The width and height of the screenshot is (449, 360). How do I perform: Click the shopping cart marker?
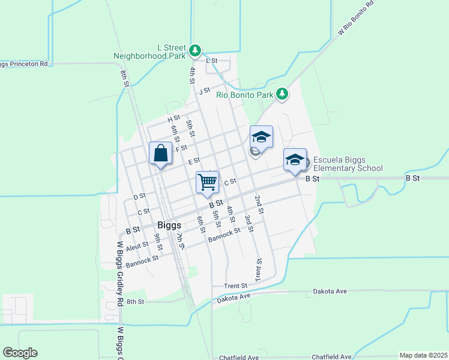click(x=207, y=181)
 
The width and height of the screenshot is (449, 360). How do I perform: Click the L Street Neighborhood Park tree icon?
click(x=195, y=51)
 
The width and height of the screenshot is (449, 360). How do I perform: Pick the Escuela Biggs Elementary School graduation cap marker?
click(x=295, y=160)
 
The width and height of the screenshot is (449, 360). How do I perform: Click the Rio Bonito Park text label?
click(x=245, y=94)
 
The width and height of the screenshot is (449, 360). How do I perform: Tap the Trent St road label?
click(x=236, y=286)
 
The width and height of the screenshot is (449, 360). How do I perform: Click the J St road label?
click(x=205, y=91)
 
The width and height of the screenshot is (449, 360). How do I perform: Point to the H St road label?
click(x=173, y=118)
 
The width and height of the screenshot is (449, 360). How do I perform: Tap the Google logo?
click(x=20, y=353)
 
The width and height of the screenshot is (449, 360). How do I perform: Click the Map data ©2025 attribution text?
click(x=423, y=355)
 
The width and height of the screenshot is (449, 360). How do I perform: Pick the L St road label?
click(x=211, y=61)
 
